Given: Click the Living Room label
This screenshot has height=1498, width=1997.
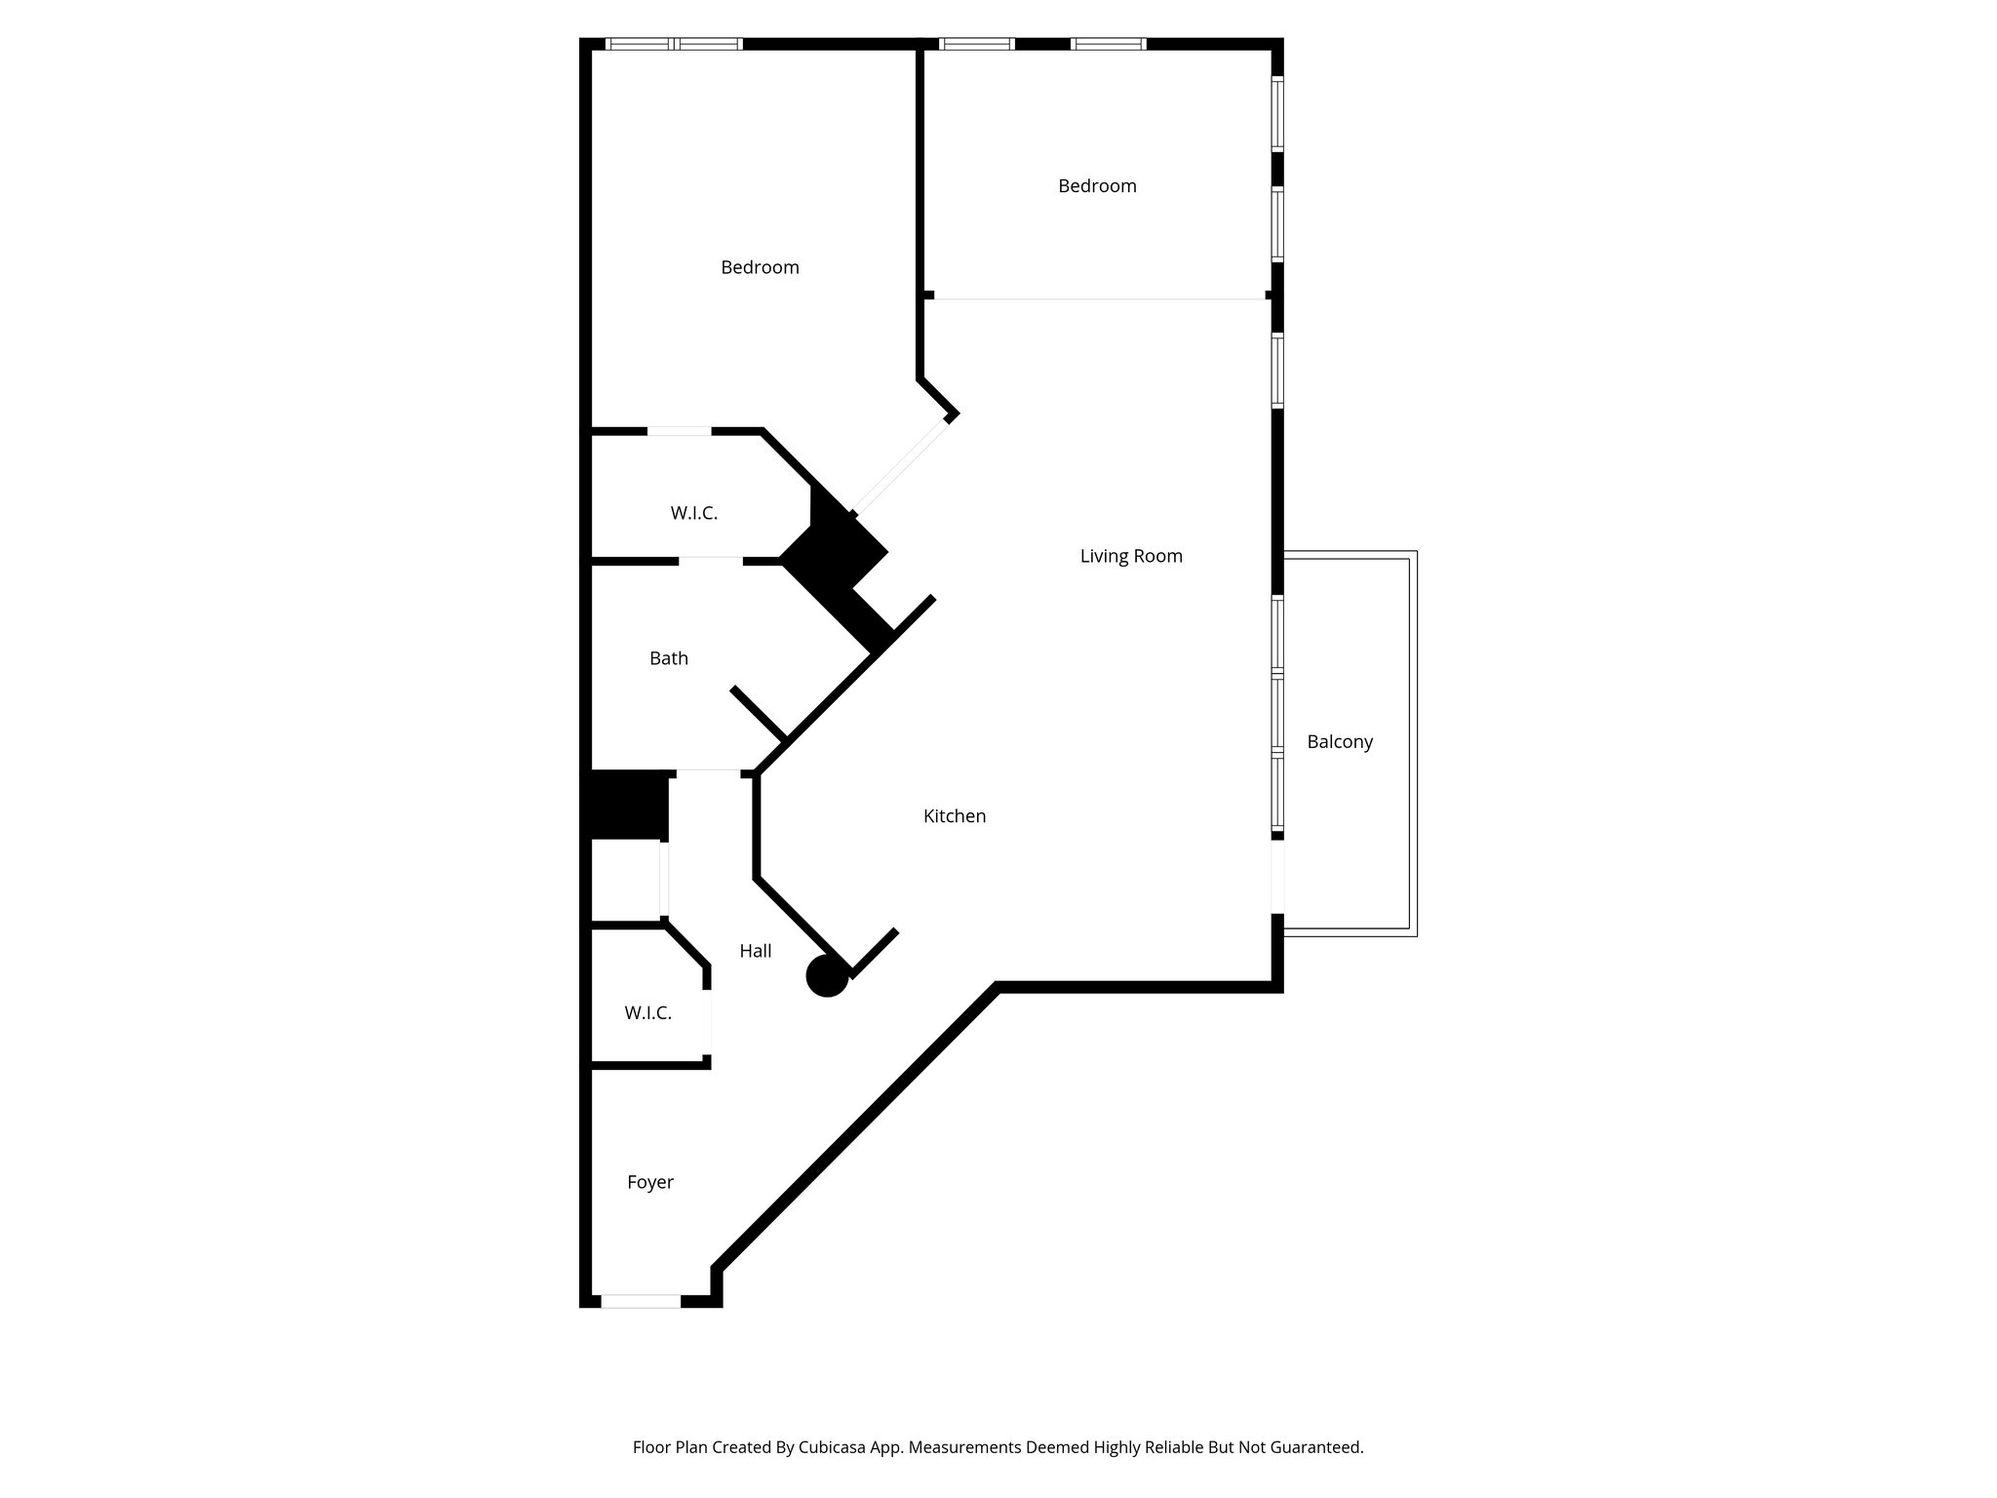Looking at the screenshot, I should coord(1131,556).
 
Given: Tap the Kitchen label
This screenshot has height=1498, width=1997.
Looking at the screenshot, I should coord(955,816).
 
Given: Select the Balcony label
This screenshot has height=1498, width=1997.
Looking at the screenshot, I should coord(1340,742).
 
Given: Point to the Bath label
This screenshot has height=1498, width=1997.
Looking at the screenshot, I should coord(669,658).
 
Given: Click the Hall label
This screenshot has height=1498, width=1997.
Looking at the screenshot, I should coord(756,951).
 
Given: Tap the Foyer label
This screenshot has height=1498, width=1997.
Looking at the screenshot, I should coord(650,1182).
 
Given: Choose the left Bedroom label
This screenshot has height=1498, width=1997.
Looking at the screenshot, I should coord(760,267).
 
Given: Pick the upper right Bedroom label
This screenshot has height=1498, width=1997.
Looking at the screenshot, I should coord(1097,186).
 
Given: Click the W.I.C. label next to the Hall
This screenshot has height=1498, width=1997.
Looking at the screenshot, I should coord(648,1013).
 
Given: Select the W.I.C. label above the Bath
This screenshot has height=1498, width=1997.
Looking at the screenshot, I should coord(694,513).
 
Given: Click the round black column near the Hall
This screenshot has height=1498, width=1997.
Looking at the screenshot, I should coord(827,976).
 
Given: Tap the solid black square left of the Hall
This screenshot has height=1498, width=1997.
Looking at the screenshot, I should coord(627,805).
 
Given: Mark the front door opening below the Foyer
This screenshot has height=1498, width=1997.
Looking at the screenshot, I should coord(641,1300).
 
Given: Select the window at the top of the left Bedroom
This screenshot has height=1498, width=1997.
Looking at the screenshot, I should coord(674,44).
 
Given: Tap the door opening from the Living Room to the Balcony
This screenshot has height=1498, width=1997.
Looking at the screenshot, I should coord(1276,877).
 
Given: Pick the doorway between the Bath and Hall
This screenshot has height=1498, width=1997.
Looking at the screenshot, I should coord(709,771).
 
